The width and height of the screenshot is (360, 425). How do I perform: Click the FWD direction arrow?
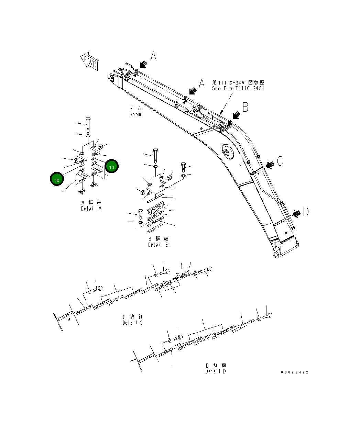(90, 61)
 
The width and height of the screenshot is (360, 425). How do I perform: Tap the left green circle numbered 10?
(57, 179)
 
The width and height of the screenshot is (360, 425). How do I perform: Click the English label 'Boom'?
(135, 114)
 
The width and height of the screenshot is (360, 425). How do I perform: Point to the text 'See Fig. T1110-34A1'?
(238, 88)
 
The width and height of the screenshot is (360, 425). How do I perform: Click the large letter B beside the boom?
(245, 107)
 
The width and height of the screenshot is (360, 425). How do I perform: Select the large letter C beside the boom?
(280, 160)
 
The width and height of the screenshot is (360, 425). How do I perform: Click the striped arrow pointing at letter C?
(270, 165)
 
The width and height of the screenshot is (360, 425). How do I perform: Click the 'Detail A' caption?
(91, 208)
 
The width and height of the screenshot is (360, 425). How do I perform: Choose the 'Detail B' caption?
(158, 245)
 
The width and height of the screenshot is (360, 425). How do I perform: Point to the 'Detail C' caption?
(132, 323)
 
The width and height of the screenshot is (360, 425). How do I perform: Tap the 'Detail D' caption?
(216, 371)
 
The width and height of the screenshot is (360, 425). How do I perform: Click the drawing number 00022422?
(294, 372)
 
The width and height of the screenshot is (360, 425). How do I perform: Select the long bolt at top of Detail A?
(88, 124)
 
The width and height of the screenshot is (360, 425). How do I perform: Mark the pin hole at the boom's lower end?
(276, 253)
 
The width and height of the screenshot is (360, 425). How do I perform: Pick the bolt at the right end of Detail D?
(268, 315)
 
